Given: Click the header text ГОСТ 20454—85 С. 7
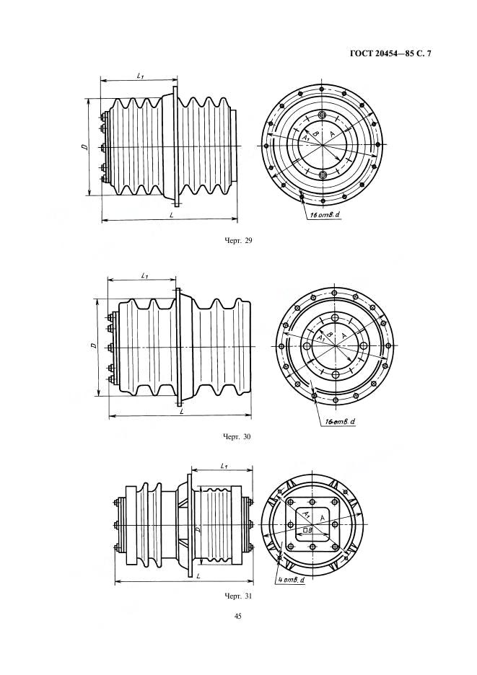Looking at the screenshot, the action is pos(390,54).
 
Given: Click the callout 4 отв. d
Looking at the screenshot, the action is pos(292,580).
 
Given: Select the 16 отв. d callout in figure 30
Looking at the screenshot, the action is pos(341,423).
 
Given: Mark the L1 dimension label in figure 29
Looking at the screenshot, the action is pos(140,75).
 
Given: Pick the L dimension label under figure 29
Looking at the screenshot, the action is pos(171,215).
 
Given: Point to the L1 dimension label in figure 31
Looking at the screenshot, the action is pos(224,466).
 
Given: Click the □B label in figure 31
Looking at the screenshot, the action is pos(307,530).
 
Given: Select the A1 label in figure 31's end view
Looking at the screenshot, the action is pos(305,514).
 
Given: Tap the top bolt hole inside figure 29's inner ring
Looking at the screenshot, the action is pos(323,115).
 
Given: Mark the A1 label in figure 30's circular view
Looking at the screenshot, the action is pos(320,339).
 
